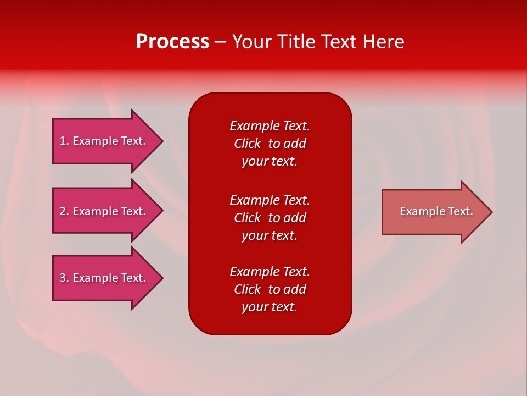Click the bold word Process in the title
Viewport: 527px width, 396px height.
(x=172, y=42)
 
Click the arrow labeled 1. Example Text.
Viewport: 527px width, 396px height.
(x=103, y=141)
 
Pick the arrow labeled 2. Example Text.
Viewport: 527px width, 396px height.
(x=103, y=211)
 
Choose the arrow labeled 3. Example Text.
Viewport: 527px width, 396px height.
(x=103, y=278)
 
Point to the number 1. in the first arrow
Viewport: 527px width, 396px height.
(x=64, y=141)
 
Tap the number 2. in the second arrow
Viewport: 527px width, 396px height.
(x=64, y=211)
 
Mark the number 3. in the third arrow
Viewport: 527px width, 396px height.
(x=64, y=278)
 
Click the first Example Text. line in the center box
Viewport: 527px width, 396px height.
(x=270, y=126)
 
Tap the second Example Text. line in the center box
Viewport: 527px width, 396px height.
(x=270, y=200)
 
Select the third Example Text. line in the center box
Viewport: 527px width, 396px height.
(x=270, y=272)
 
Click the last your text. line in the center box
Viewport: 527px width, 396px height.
(x=270, y=307)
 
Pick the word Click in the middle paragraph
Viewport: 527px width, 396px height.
(x=247, y=218)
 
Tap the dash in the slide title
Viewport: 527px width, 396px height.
(x=220, y=42)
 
